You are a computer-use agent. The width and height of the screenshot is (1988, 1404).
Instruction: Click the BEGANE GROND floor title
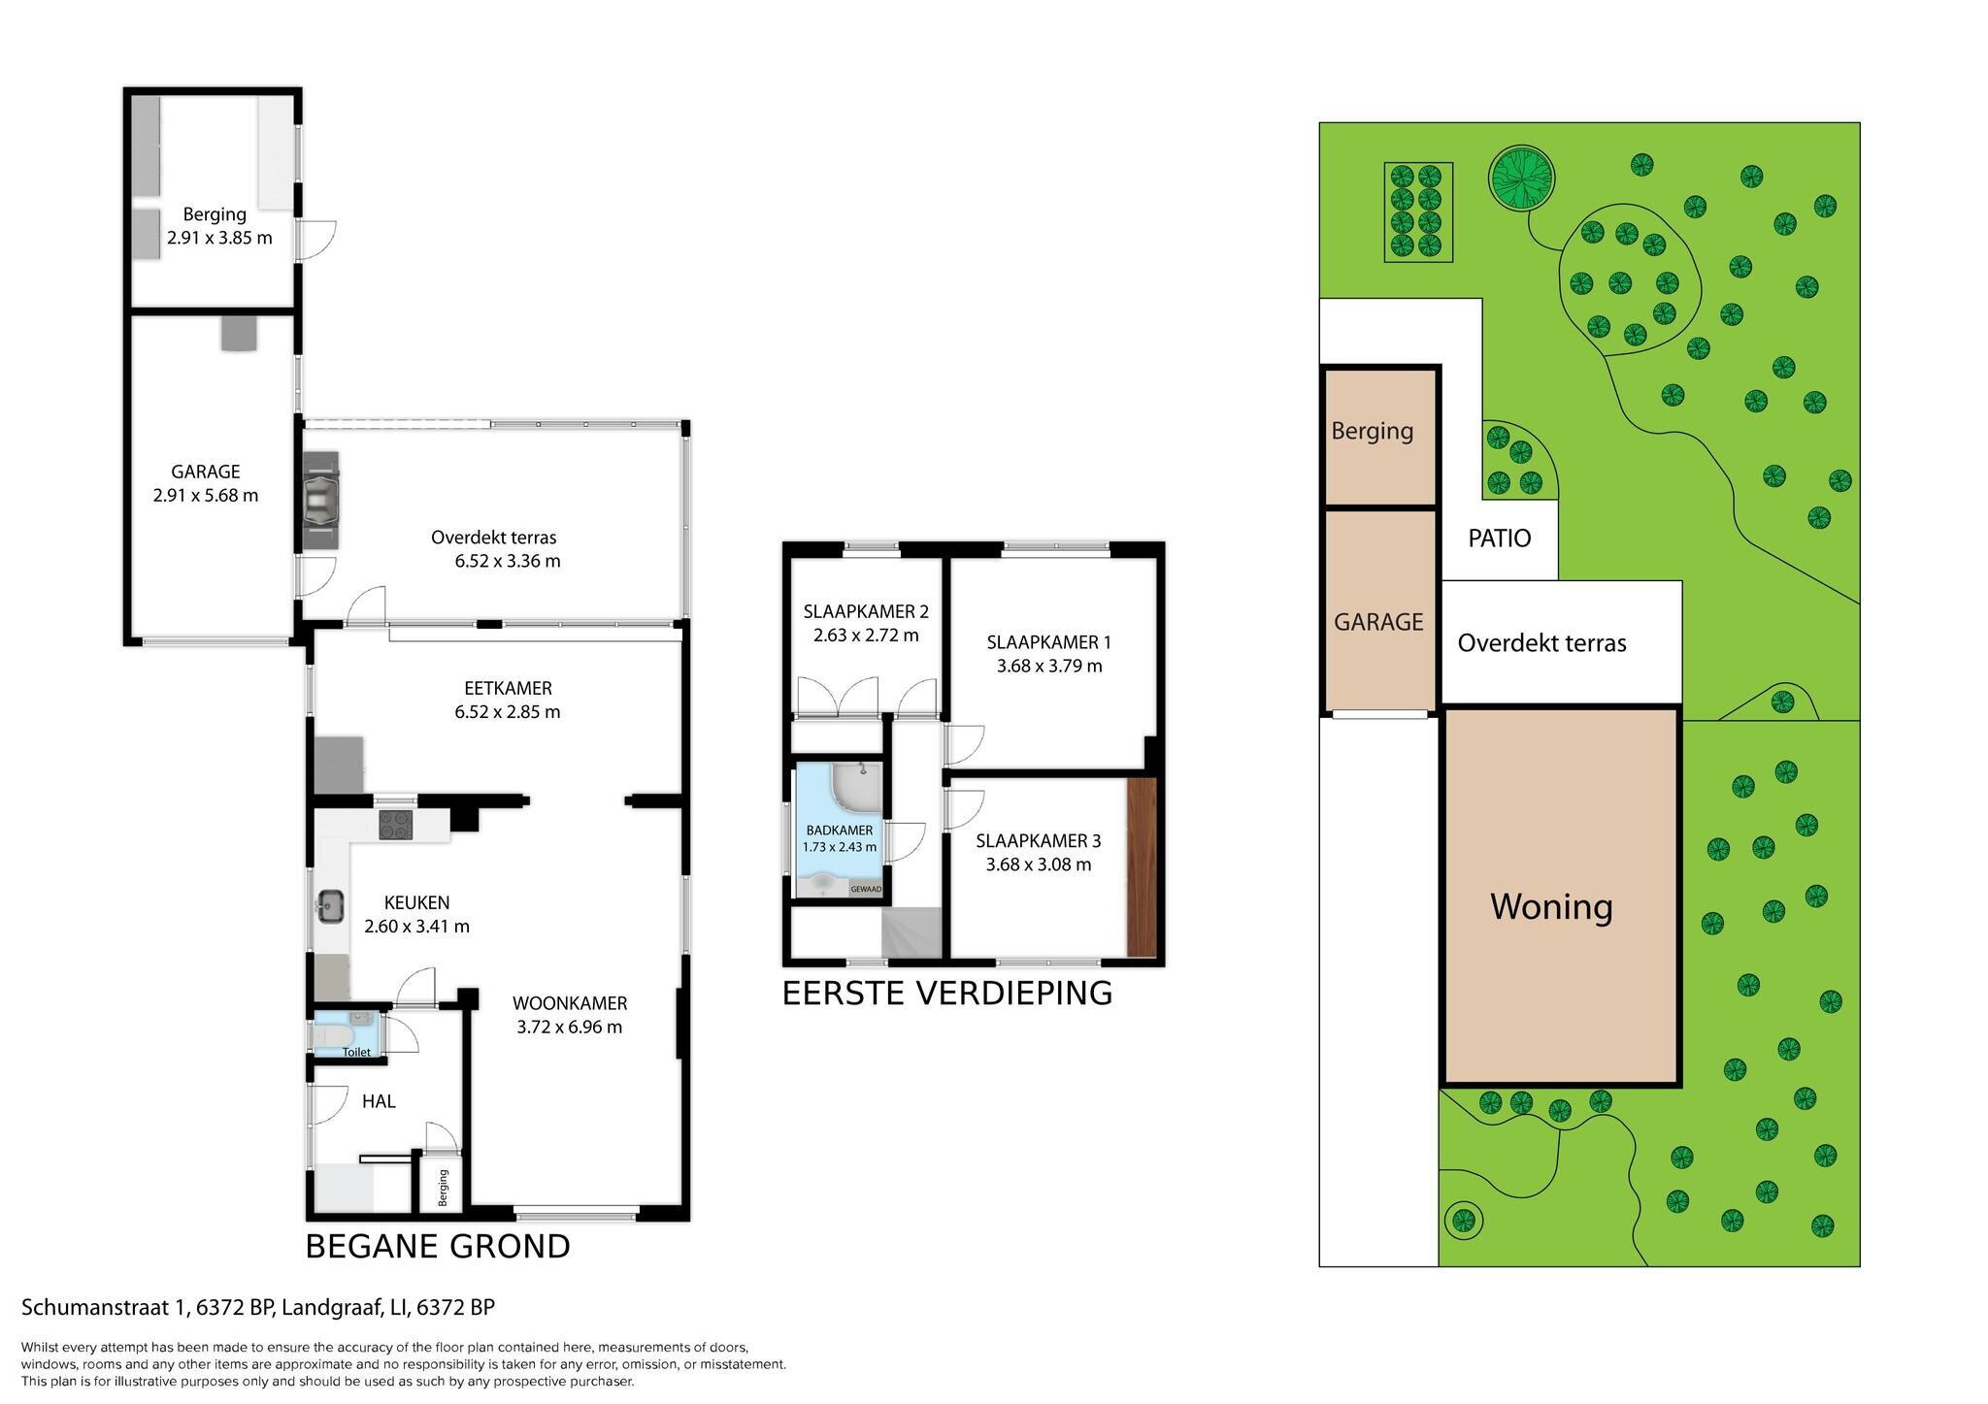pyautogui.click(x=438, y=1247)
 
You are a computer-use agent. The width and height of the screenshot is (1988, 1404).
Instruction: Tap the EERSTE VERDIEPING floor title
pyautogui.click(x=946, y=994)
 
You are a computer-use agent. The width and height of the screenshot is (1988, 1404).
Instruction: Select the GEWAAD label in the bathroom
pyautogui.click(x=865, y=889)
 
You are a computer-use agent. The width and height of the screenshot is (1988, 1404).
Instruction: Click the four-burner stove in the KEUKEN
pyautogui.click(x=395, y=825)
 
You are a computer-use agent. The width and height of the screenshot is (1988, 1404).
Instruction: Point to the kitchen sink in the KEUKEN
pyautogui.click(x=330, y=907)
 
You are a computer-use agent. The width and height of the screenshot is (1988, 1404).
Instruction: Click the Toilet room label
pyautogui.click(x=355, y=1052)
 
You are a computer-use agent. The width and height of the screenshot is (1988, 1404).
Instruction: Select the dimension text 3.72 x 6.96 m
pyautogui.click(x=570, y=1028)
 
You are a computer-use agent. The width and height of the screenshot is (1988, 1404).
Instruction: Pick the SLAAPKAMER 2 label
pyautogui.click(x=866, y=611)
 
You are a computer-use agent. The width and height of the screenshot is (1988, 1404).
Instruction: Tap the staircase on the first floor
pyautogui.click(x=911, y=933)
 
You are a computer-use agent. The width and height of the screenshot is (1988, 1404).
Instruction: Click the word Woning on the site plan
pyautogui.click(x=1551, y=906)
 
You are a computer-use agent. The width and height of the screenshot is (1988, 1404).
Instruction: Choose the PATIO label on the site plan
pyautogui.click(x=1499, y=539)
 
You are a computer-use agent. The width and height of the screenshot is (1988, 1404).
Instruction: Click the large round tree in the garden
pyautogui.click(x=1521, y=177)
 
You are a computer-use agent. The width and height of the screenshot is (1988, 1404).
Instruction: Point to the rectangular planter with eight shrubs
pyautogui.click(x=1416, y=212)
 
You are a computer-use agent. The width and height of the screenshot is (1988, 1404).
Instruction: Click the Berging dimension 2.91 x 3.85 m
pyautogui.click(x=218, y=238)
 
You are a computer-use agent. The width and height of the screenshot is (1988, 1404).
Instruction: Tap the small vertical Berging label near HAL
pyautogui.click(x=444, y=1188)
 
